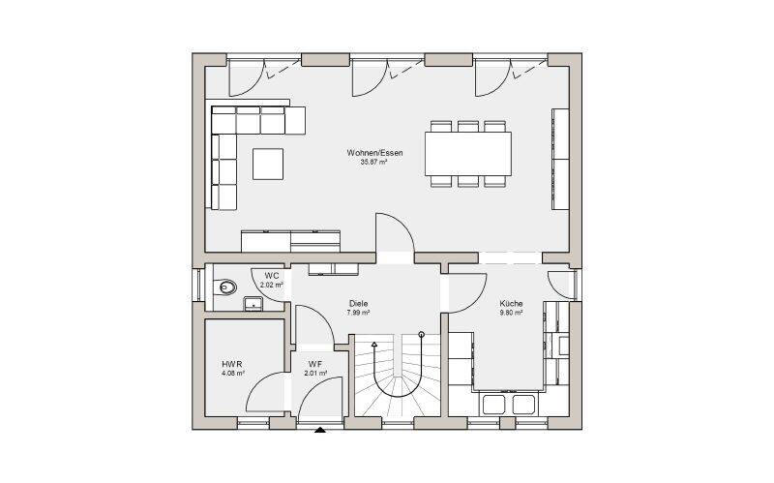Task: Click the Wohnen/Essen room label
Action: pyautogui.click(x=374, y=153)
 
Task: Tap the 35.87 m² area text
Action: pyautogui.click(x=373, y=162)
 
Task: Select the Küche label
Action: pyautogui.click(x=511, y=304)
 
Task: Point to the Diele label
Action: pyautogui.click(x=358, y=304)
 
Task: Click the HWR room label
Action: pyautogui.click(x=232, y=365)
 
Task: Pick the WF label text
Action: pyautogui.click(x=316, y=365)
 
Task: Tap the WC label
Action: pyautogui.click(x=272, y=276)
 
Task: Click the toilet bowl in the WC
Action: pyautogui.click(x=226, y=287)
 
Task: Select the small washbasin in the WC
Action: pyautogui.click(x=253, y=304)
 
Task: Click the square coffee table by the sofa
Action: pyautogui.click(x=268, y=164)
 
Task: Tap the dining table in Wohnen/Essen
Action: pyautogui.click(x=468, y=154)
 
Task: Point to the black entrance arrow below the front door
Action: pyautogui.click(x=320, y=430)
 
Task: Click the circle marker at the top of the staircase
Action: pyautogui.click(x=421, y=334)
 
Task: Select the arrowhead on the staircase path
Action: pyautogui.click(x=374, y=344)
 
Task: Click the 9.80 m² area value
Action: pyautogui.click(x=511, y=313)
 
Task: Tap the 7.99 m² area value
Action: pyautogui.click(x=358, y=313)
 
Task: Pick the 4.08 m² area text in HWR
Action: pyautogui.click(x=233, y=374)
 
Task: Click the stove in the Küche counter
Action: pyautogui.click(x=562, y=345)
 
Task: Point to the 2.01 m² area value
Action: pyautogui.click(x=316, y=374)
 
